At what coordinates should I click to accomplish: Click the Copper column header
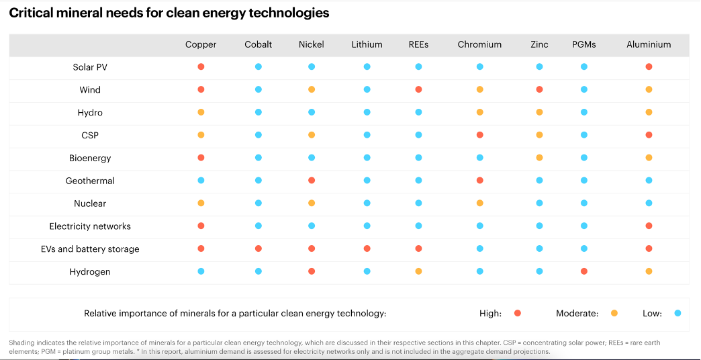pos(201,44)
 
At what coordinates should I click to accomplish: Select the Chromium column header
pos(479,44)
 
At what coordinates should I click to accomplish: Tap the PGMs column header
pos(584,44)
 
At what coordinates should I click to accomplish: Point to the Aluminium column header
pos(649,44)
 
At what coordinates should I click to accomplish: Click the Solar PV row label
pos(90,67)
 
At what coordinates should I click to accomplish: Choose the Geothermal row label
pos(90,181)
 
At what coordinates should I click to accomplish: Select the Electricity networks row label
pos(90,226)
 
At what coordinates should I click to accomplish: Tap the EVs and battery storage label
pos(90,249)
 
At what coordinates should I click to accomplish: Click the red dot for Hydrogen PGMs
pos(584,271)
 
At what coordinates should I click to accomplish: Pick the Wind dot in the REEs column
pos(418,89)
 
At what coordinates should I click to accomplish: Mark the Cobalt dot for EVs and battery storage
pos(259,249)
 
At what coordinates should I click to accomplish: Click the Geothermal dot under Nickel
pos(312,180)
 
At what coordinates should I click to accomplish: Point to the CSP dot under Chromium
pos(479,134)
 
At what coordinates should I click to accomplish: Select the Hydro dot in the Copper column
pos(201,112)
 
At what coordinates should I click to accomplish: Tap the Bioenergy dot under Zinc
pos(539,157)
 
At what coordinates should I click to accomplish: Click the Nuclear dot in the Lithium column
pos(367,203)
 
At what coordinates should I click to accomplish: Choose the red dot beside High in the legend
pos(518,313)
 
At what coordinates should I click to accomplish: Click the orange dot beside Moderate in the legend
pos(614,313)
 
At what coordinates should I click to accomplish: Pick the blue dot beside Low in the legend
pos(677,313)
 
